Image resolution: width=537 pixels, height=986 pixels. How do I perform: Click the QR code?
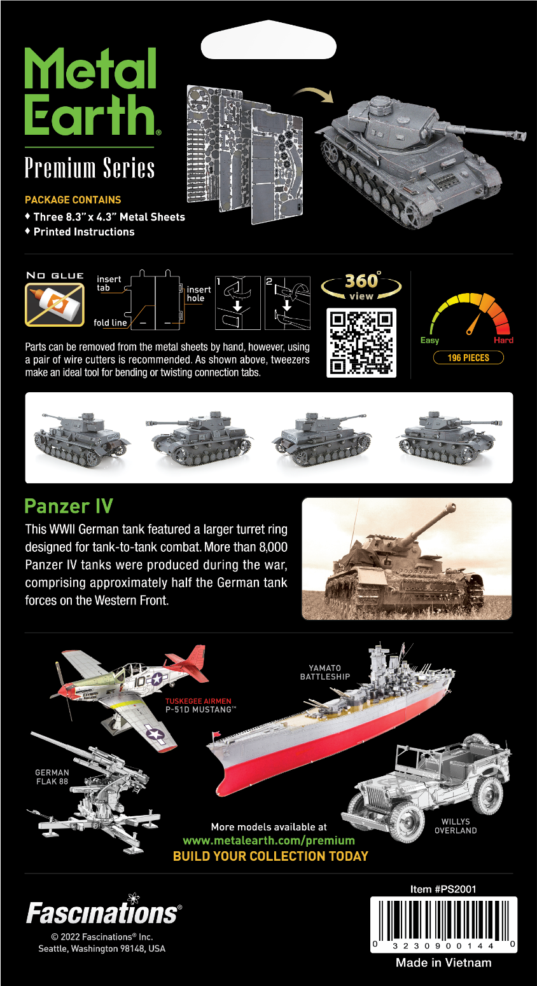[x=361, y=343]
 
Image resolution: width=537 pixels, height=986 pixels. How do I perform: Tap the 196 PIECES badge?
[x=468, y=357]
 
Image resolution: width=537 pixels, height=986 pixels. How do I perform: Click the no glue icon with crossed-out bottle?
[x=55, y=305]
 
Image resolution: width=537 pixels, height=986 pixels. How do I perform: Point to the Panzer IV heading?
[x=69, y=506]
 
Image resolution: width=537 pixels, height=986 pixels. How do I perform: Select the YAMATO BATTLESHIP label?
[x=325, y=672]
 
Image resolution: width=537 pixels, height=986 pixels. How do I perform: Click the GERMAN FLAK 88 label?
[x=52, y=777]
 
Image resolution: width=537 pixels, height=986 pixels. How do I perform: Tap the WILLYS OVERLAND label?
[x=456, y=826]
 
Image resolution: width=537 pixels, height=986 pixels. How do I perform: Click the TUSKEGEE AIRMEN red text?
[x=199, y=701]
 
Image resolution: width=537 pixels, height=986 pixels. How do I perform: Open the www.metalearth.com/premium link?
[x=268, y=840]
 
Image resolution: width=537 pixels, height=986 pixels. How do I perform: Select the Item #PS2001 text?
[x=443, y=889]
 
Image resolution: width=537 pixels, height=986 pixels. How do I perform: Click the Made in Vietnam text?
[x=443, y=962]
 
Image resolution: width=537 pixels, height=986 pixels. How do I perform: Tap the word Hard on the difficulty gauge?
[x=503, y=340]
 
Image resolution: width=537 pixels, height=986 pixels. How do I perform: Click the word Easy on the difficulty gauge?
[x=429, y=340]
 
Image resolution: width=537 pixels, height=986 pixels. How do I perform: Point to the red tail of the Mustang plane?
[x=190, y=662]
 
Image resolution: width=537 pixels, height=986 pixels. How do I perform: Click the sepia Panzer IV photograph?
[x=407, y=559]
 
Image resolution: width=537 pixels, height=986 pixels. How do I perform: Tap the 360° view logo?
[x=361, y=286]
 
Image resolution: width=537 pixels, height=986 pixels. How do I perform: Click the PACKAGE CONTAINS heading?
[x=73, y=200]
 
